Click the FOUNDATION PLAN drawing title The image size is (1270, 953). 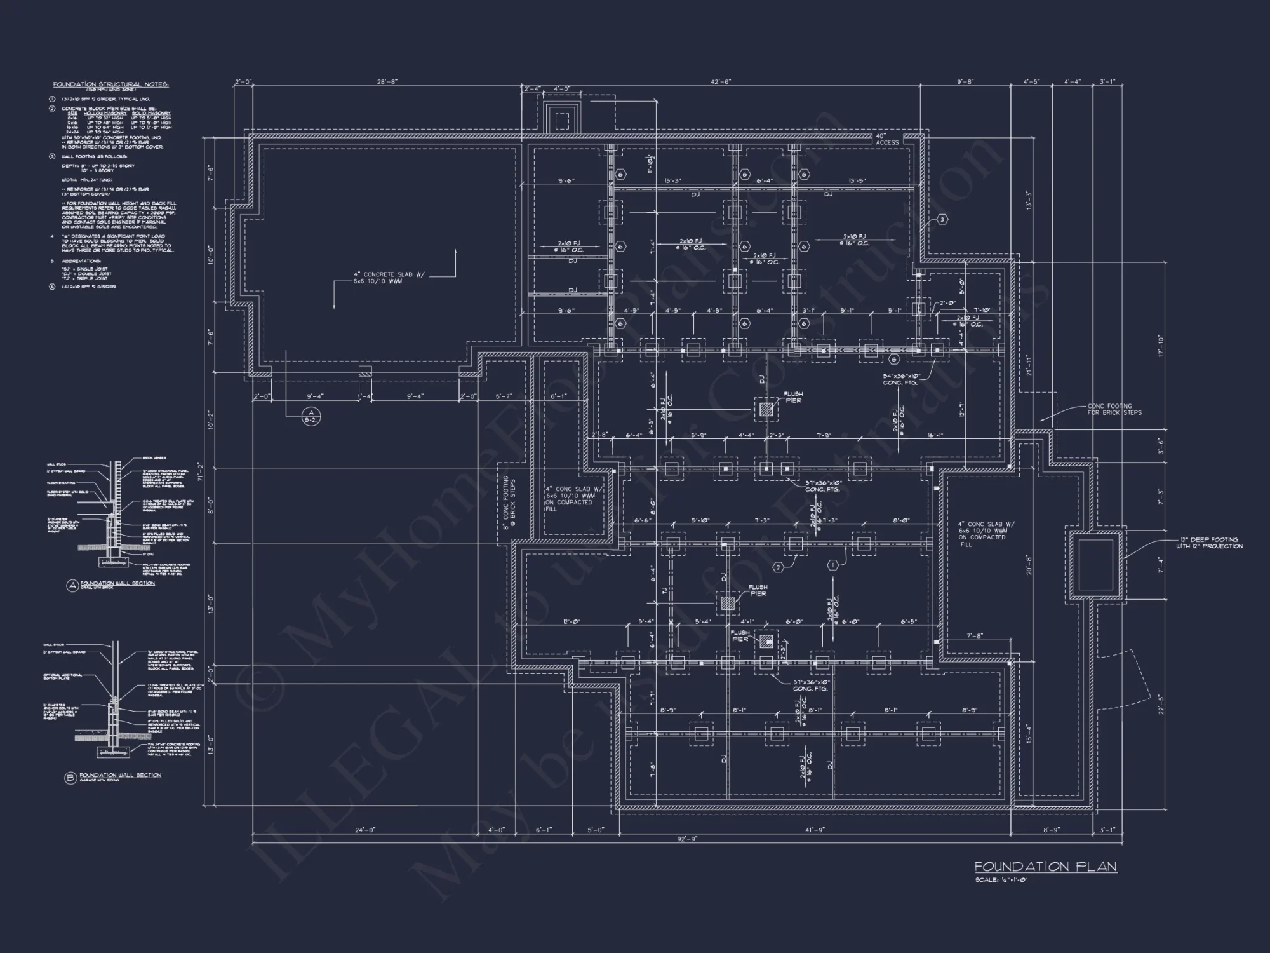tap(1045, 867)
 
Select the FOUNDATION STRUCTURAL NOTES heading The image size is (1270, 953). tap(110, 84)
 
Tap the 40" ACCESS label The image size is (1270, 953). tap(887, 139)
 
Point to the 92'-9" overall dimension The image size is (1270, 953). tap(687, 839)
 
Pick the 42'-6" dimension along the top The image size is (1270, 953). tap(721, 82)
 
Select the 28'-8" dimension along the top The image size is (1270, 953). tap(387, 82)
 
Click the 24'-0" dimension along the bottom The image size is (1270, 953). tap(365, 830)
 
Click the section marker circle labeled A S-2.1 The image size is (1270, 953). tap(311, 416)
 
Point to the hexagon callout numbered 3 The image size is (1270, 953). tap(942, 220)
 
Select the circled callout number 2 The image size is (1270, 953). tap(777, 567)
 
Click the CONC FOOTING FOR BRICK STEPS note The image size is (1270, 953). tap(1114, 409)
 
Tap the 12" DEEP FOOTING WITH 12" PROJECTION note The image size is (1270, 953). tap(1209, 543)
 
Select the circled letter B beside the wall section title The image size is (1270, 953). tap(71, 777)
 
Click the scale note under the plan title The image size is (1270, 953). tap(1001, 880)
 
